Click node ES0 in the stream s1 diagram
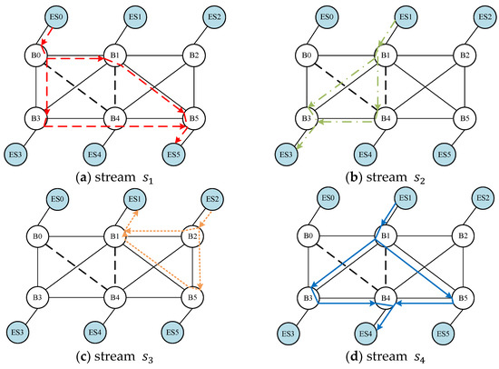tap(57, 17)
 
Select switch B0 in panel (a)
tap(37, 56)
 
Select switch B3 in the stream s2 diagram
tap(307, 118)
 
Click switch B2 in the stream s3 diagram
tap(191, 238)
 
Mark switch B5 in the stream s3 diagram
tap(191, 296)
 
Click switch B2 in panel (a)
tap(191, 56)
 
